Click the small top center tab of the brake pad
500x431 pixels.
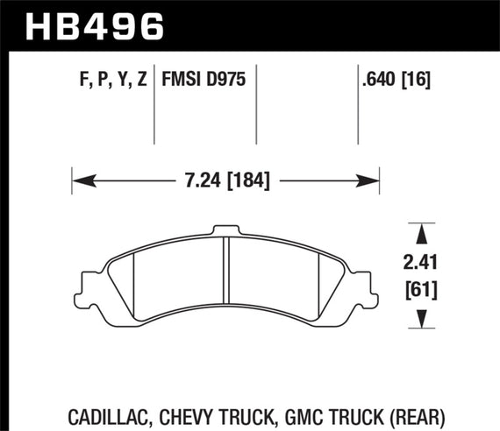click(x=225, y=230)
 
